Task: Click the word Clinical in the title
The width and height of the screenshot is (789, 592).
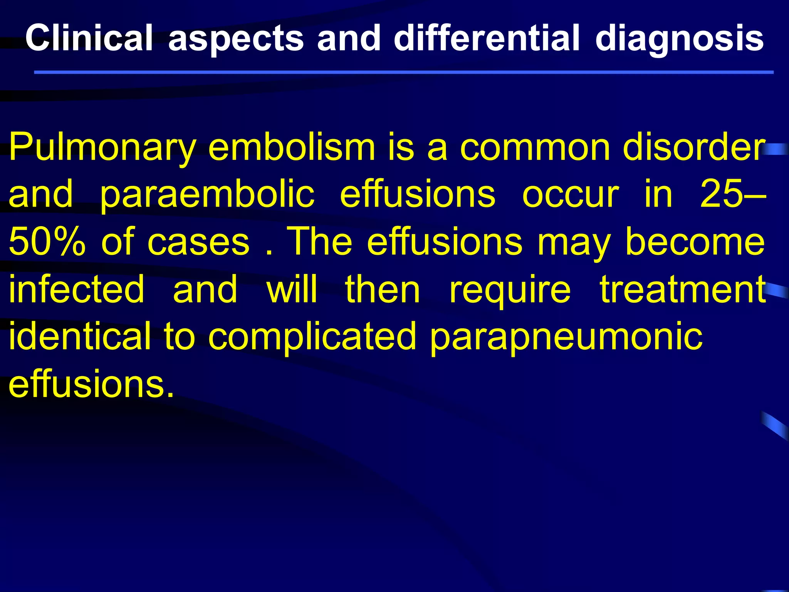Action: coord(89,37)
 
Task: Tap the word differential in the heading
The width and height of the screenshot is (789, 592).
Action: coord(487,37)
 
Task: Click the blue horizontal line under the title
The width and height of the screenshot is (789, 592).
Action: coord(404,72)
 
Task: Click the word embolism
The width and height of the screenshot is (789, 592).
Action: coord(292,147)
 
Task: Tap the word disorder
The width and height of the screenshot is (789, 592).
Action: coord(694,147)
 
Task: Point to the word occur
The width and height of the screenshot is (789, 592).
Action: coord(571,195)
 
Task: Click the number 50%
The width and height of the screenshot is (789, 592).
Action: coord(47,242)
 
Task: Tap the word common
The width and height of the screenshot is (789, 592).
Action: coord(536,148)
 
